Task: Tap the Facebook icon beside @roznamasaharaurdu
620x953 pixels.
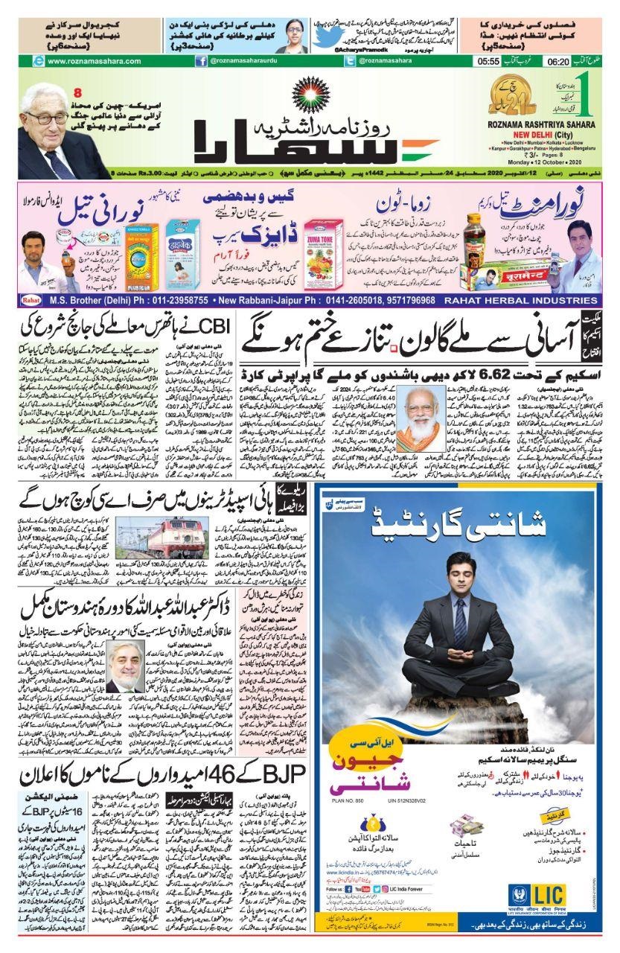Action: (x=201, y=62)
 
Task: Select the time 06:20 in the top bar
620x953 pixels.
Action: (x=558, y=62)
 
